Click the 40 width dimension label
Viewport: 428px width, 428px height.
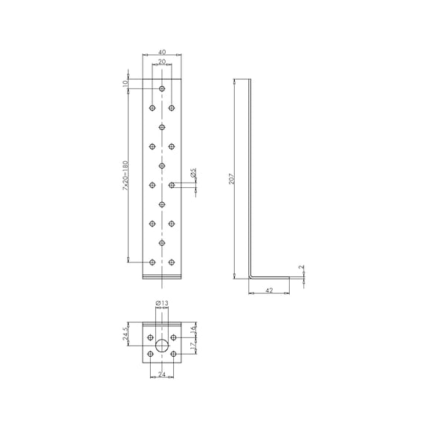pos(162,52)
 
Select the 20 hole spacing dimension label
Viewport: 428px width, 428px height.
pos(162,62)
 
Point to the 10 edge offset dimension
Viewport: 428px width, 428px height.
pos(126,83)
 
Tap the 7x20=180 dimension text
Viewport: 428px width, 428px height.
pos(125,175)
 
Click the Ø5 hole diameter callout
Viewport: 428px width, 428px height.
pos(193,173)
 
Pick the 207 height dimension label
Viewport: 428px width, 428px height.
pos(232,178)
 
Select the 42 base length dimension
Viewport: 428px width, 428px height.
pos(269,291)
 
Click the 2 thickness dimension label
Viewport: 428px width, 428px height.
pos(302,267)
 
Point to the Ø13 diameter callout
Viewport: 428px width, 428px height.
pos(162,303)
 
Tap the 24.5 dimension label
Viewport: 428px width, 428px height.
pos(126,334)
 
